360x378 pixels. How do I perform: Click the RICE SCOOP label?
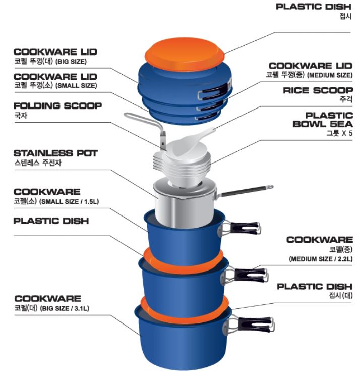pyautogui.click(x=318, y=90)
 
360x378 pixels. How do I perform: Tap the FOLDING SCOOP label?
pyautogui.click(x=57, y=106)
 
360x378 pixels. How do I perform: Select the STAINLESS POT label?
pyautogui.click(x=55, y=152)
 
